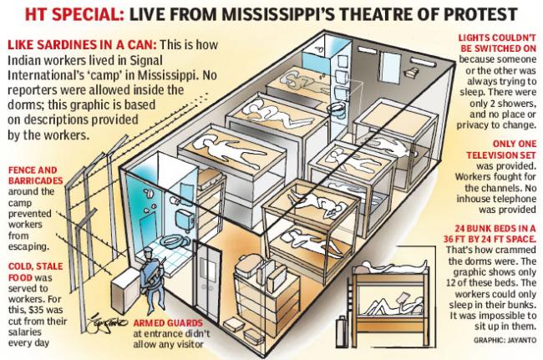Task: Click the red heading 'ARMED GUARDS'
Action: coord(168,323)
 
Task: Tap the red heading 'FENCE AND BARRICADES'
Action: coord(35,175)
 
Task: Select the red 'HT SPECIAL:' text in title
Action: coord(74,14)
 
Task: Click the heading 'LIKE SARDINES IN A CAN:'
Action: coord(82,45)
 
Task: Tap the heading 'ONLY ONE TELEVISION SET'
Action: coord(501,150)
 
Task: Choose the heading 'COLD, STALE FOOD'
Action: coord(35,271)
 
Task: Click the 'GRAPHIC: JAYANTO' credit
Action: coord(505,340)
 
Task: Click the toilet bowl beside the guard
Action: coord(176,240)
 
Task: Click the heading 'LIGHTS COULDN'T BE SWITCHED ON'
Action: coord(497,43)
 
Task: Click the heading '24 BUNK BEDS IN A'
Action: coord(495,228)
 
